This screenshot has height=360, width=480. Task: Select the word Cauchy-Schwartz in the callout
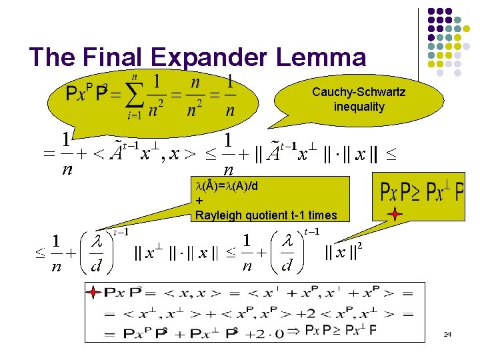coord(359,92)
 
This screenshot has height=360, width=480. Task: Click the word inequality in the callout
coord(359,107)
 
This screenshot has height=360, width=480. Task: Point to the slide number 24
coord(447,333)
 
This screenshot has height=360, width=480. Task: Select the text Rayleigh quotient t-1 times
coord(266,215)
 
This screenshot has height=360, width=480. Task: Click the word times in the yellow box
coord(323,215)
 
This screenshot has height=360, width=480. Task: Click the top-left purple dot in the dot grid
coord(431,12)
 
